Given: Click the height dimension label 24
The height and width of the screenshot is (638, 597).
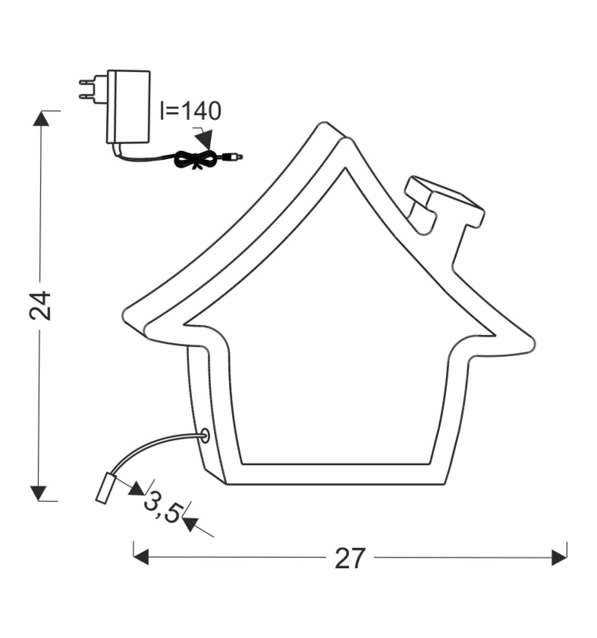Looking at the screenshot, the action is tap(40, 306).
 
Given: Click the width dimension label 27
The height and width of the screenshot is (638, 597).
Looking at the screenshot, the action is tap(350, 558).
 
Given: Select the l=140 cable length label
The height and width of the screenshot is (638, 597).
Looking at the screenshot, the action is tap(191, 111).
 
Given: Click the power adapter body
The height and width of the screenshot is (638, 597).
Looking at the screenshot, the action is tap(128, 106).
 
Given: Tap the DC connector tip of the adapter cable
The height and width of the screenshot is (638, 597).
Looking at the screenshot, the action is tap(235, 156).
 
